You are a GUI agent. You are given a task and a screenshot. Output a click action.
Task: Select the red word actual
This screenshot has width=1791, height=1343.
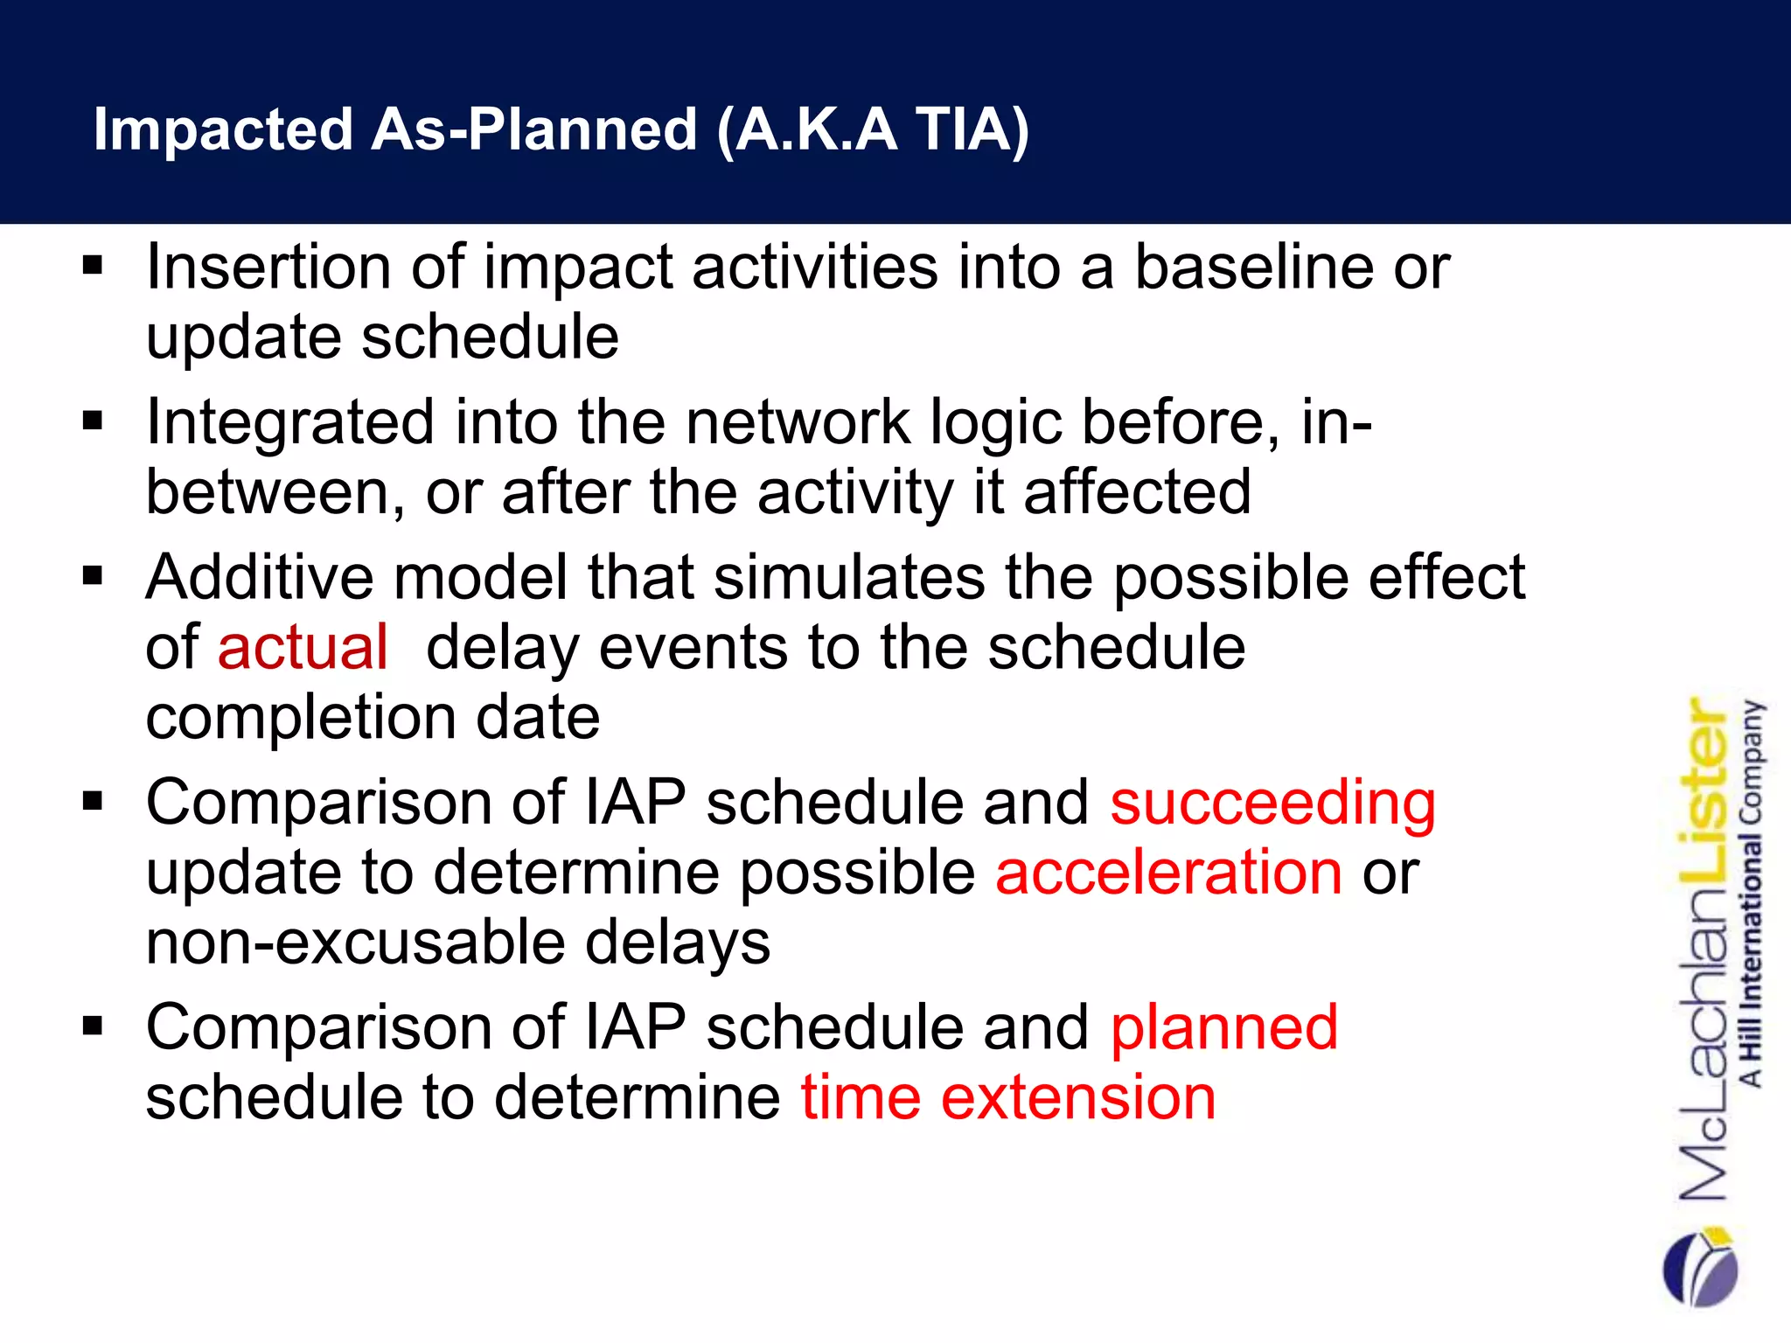click(x=303, y=648)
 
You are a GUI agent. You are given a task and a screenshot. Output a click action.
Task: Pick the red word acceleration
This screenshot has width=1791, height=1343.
click(x=1168, y=873)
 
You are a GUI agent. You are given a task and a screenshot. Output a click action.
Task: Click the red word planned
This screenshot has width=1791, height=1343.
click(x=1224, y=1027)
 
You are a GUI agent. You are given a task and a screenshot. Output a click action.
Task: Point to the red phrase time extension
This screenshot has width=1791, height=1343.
click(x=1008, y=1097)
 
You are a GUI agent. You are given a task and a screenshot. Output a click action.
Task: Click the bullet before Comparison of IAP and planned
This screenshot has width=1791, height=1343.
click(x=93, y=1026)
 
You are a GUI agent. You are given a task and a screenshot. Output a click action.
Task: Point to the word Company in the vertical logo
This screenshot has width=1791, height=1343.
click(x=1751, y=762)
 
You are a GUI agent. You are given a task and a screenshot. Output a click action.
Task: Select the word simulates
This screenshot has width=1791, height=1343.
click(x=849, y=578)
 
